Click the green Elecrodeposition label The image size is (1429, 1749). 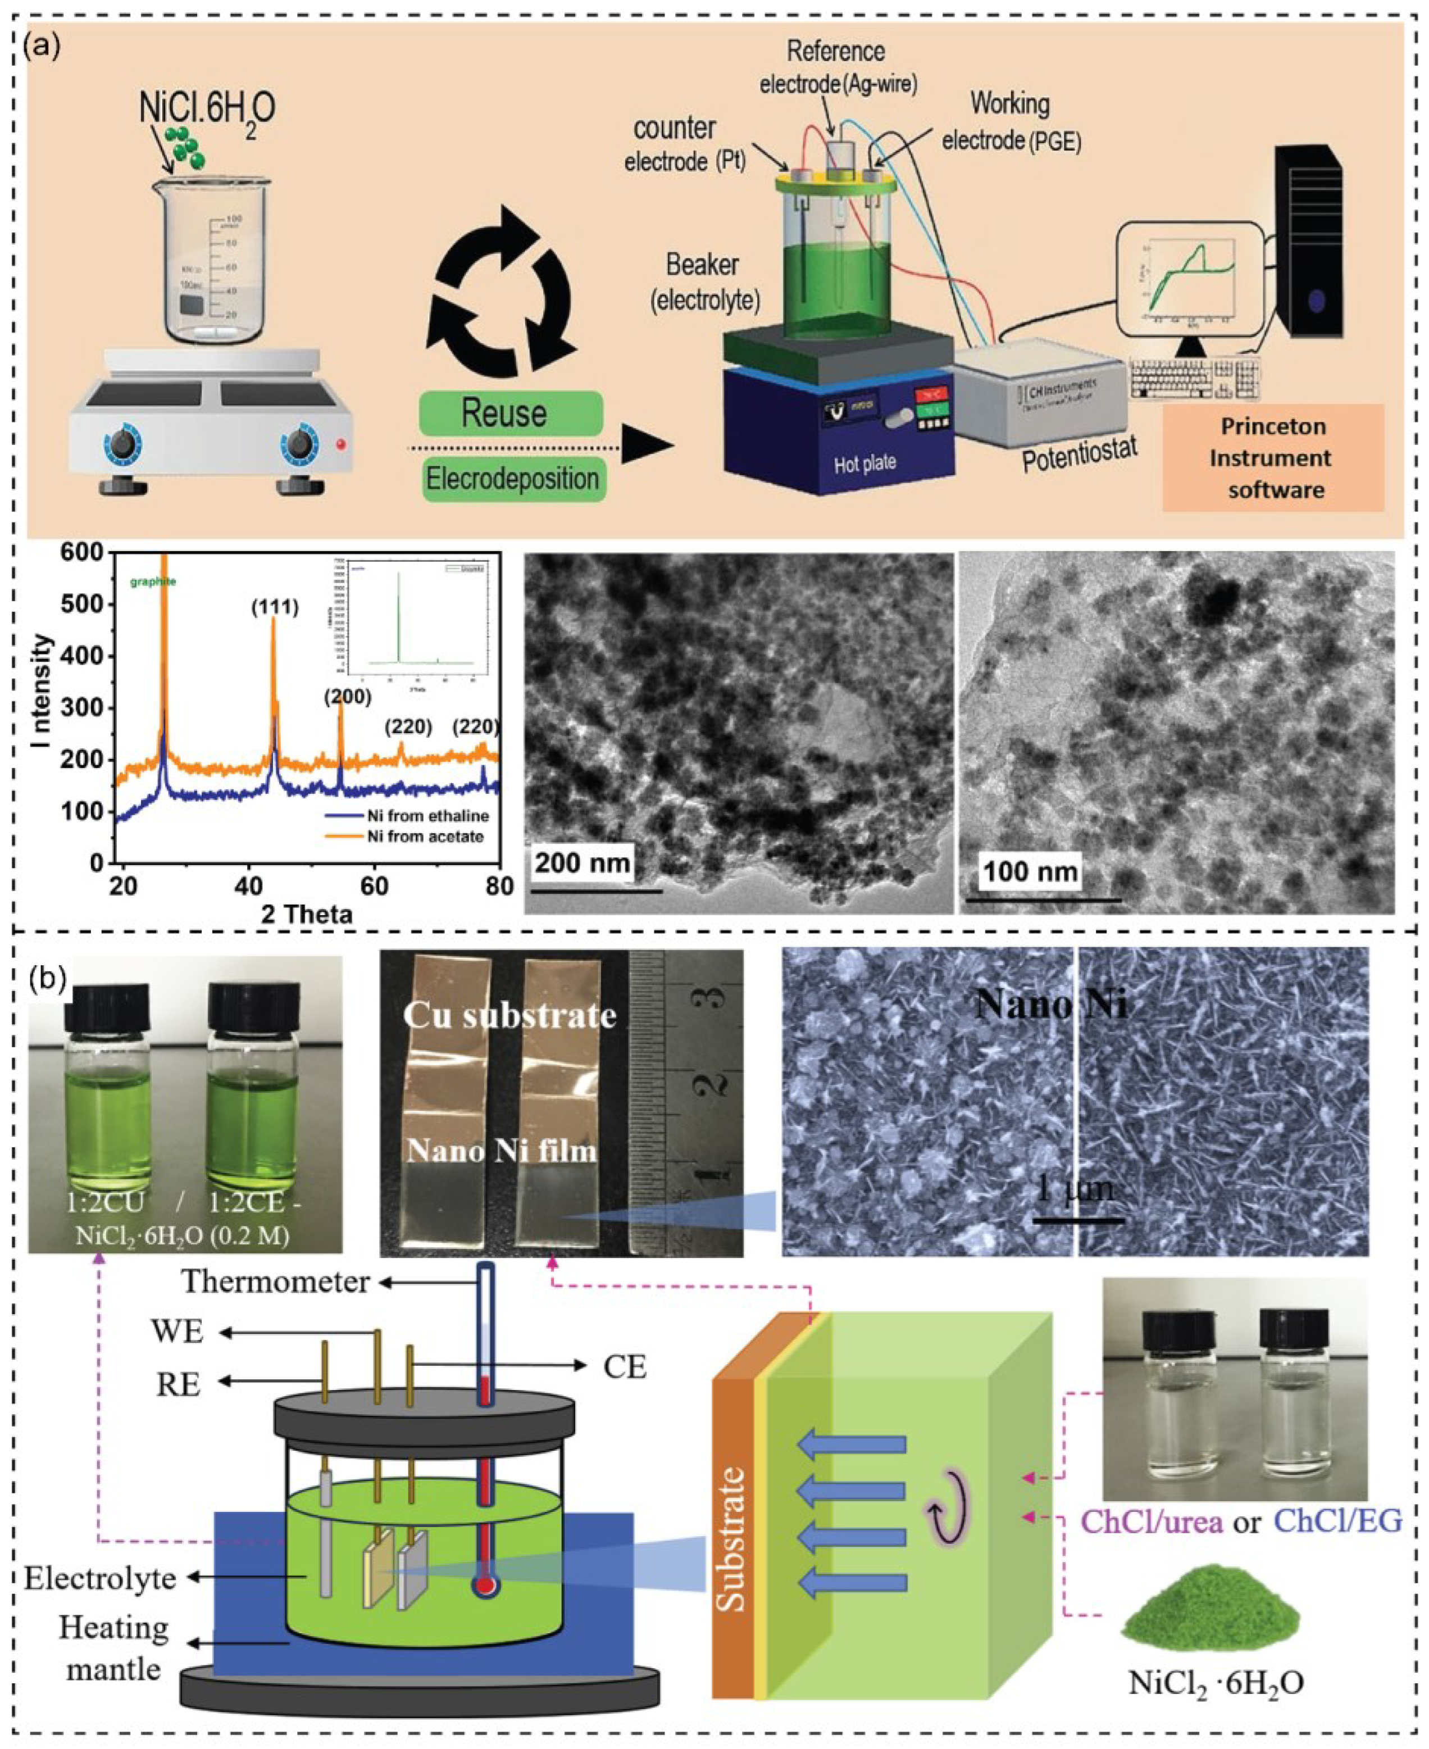point(512,479)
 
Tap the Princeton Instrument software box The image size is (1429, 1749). point(1273,458)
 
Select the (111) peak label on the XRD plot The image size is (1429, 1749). point(274,608)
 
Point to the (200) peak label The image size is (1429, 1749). point(347,697)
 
